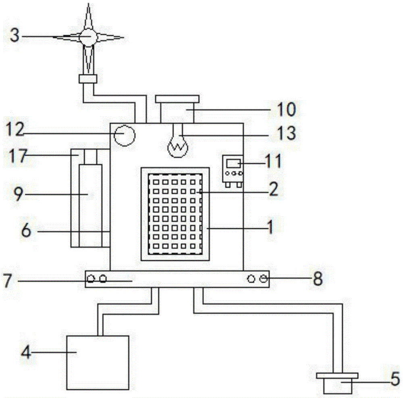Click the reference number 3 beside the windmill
tap(15, 35)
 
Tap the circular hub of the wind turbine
tap(88, 37)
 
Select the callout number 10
tap(286, 109)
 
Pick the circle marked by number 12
tap(125, 135)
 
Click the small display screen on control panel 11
tap(233, 163)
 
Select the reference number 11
tap(273, 161)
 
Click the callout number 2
tap(273, 189)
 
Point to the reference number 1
tap(270, 227)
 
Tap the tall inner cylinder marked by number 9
tap(90, 206)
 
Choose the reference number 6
tap(26, 230)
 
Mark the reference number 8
tap(318, 279)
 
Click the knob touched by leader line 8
tap(263, 279)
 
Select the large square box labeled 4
tap(98, 363)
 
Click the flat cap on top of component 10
tap(177, 99)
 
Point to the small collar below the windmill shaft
tap(88, 79)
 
